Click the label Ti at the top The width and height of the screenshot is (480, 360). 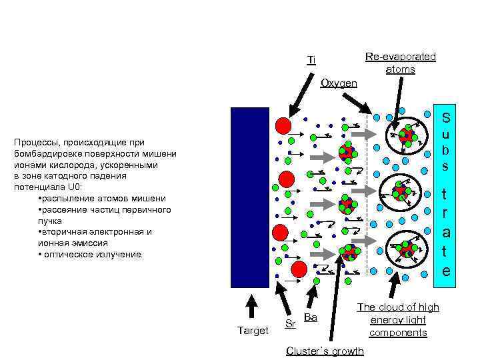click(x=311, y=60)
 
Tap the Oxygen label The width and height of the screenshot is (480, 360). click(x=339, y=83)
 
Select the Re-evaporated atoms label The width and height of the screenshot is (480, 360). click(x=400, y=63)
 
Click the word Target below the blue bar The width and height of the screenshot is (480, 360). click(x=253, y=330)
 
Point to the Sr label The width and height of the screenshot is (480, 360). click(x=290, y=324)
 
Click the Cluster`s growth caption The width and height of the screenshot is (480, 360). click(x=325, y=351)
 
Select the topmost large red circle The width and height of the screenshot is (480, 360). click(x=283, y=125)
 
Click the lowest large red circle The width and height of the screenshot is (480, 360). click(x=299, y=269)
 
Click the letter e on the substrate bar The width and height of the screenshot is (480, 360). click(x=446, y=271)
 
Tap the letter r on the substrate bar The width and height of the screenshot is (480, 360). click(x=446, y=215)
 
